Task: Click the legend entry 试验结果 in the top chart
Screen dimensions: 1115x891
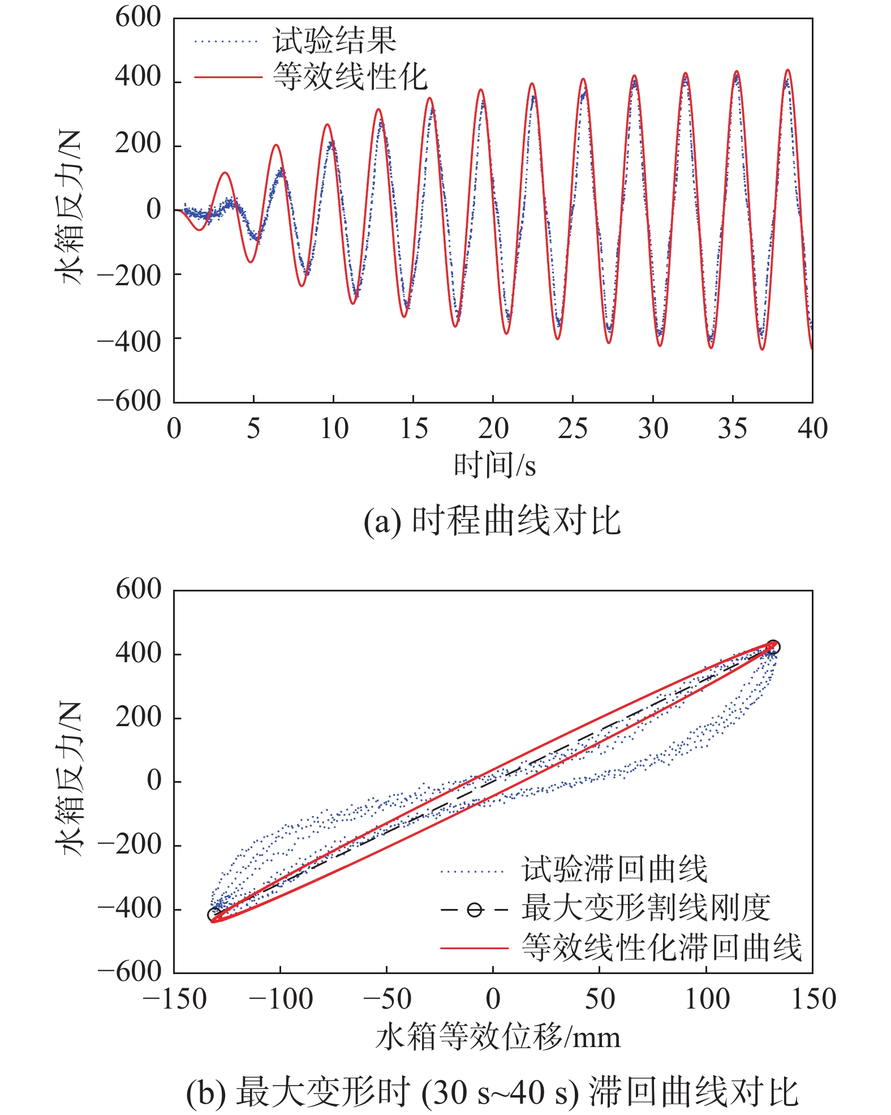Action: click(x=334, y=41)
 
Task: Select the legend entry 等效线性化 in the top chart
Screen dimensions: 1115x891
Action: click(x=350, y=76)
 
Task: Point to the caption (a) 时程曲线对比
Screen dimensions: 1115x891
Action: click(x=492, y=521)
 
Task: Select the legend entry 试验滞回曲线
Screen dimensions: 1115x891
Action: click(x=614, y=869)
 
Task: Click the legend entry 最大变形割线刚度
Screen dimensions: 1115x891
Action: click(x=645, y=908)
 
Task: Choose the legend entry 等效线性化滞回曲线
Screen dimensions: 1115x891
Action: click(x=661, y=947)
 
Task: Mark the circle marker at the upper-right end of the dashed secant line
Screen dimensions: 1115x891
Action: click(x=773, y=647)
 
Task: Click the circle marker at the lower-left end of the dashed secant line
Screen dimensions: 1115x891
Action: click(x=214, y=914)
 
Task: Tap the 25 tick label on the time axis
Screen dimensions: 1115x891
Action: click(x=573, y=428)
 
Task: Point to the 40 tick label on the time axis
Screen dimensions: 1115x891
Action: click(x=812, y=428)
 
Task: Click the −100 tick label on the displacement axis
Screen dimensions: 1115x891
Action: click(x=281, y=998)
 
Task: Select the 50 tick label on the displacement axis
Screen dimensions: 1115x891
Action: click(x=600, y=998)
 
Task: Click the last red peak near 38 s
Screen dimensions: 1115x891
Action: click(x=787, y=70)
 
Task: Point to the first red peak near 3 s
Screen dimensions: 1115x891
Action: click(x=225, y=173)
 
